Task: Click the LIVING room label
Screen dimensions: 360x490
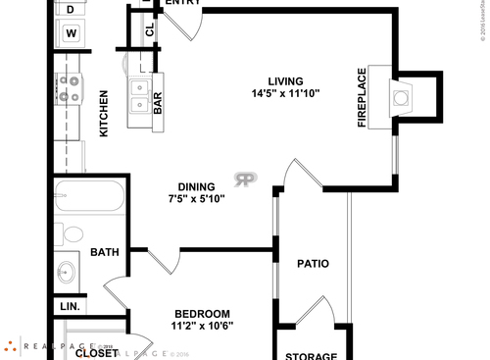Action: tap(286, 80)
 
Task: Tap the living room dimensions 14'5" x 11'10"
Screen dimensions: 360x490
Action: tap(286, 94)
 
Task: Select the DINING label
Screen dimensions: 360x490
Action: tap(197, 186)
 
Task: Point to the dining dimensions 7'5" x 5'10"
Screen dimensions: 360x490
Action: tap(197, 199)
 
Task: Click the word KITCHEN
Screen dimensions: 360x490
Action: tap(104, 113)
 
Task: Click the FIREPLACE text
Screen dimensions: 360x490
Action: tap(362, 97)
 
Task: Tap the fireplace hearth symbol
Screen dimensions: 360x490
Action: tap(401, 96)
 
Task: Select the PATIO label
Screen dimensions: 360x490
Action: tap(313, 263)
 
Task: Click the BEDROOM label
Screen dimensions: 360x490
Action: tap(203, 313)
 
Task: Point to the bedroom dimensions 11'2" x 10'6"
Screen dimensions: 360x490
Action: tap(203, 326)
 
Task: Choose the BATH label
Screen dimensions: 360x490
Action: tap(105, 252)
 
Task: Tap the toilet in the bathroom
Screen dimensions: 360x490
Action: tap(71, 235)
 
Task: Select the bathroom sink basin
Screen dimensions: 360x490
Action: tap(67, 272)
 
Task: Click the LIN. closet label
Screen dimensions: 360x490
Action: tap(70, 306)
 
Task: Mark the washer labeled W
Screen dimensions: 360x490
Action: tap(71, 32)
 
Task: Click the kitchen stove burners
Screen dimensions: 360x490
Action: tap(69, 89)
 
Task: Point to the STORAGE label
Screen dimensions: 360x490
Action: tap(311, 355)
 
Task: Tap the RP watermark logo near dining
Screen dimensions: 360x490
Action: tap(245, 179)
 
